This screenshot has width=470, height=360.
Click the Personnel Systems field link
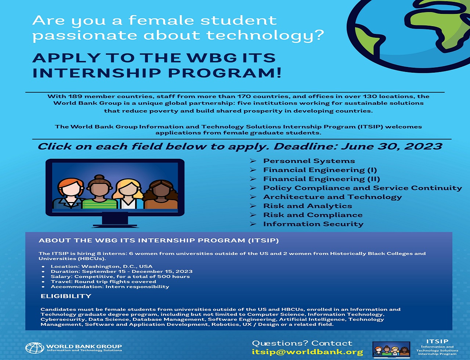tap(309, 161)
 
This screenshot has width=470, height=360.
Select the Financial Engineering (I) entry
tap(320, 170)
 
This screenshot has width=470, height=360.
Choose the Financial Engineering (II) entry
tap(321, 179)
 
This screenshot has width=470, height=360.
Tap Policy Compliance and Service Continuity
tap(362, 188)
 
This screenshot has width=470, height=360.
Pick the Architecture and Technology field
tap(332, 197)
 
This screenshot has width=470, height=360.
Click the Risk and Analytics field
tap(307, 206)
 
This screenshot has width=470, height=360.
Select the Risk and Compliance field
tap(312, 215)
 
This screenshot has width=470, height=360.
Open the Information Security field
tap(313, 224)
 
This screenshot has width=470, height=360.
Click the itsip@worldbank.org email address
tap(307, 352)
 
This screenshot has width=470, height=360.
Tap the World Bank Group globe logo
tap(35, 348)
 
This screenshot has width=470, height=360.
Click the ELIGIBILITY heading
tap(66, 296)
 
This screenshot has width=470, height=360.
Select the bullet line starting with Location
tap(101, 266)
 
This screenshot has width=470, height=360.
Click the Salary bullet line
tap(120, 277)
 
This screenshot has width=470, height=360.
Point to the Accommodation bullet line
tap(110, 287)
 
